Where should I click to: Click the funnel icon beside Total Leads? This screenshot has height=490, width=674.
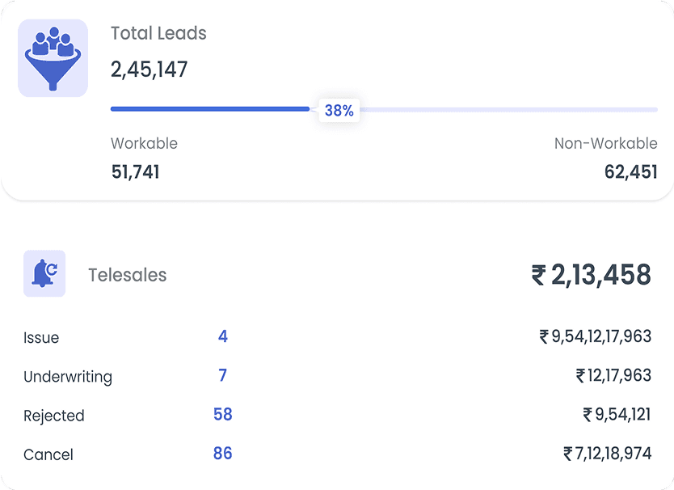tap(53, 58)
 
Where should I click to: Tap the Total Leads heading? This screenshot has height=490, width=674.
tap(158, 34)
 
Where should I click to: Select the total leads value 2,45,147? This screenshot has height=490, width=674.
tap(149, 70)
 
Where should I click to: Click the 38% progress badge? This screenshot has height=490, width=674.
tap(339, 111)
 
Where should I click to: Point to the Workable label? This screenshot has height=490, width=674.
tap(144, 144)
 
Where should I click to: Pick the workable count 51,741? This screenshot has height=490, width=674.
tap(135, 171)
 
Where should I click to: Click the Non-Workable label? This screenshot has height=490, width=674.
tap(605, 144)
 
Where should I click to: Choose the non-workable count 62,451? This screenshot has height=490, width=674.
tap(630, 171)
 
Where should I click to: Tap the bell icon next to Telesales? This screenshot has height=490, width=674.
tap(44, 273)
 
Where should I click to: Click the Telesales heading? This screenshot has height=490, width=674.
tap(128, 275)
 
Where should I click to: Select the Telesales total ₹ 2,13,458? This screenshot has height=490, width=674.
tap(591, 275)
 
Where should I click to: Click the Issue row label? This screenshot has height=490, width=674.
tap(41, 338)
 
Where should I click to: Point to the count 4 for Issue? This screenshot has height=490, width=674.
tap(223, 336)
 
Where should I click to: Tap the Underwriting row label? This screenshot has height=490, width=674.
tap(68, 377)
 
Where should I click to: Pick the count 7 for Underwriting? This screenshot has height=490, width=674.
tap(223, 375)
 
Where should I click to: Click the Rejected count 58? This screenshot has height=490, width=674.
tap(223, 414)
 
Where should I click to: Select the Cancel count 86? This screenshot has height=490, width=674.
tap(223, 453)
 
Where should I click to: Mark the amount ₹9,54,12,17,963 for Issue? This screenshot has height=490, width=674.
tap(595, 336)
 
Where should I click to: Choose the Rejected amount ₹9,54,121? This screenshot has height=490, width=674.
tap(617, 414)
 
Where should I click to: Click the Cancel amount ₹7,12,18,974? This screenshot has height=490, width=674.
tap(607, 453)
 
